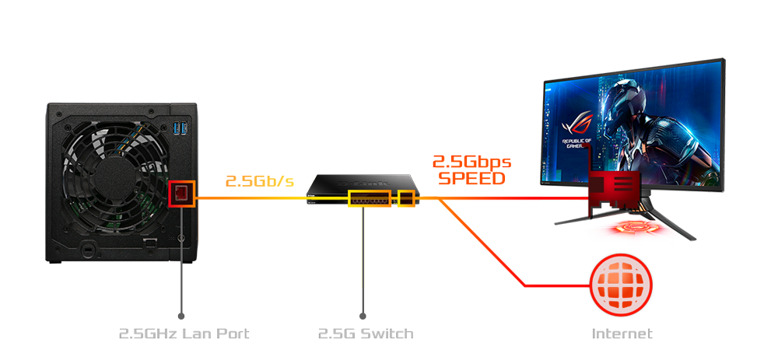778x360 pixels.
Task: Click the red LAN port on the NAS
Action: (x=181, y=192)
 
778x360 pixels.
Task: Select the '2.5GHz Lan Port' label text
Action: (x=184, y=334)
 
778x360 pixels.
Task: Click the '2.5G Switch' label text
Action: (x=366, y=334)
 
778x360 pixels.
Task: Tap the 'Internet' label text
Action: (x=622, y=334)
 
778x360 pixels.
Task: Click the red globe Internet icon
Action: (x=621, y=284)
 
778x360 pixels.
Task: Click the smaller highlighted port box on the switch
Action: (x=406, y=198)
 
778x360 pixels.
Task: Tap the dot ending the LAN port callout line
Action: (x=181, y=316)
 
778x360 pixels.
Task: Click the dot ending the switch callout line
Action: (x=363, y=316)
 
